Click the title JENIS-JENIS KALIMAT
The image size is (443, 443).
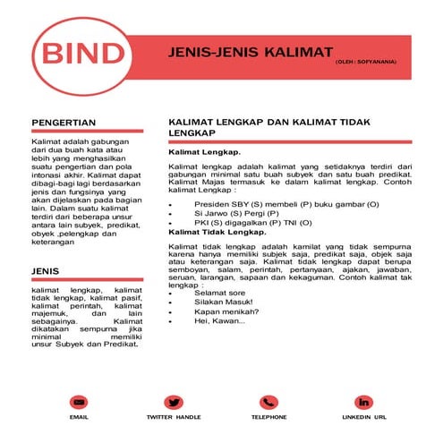click(x=251, y=51)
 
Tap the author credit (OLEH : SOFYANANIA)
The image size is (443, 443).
click(x=366, y=63)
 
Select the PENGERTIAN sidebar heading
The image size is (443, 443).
click(x=64, y=122)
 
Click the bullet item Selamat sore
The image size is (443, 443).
click(x=219, y=294)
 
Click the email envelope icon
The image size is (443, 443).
click(x=79, y=403)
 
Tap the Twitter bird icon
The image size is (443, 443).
click(x=174, y=403)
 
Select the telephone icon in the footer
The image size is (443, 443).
click(x=268, y=403)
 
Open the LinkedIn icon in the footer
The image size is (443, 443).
click(x=364, y=403)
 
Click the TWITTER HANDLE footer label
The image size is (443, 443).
click(x=174, y=418)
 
